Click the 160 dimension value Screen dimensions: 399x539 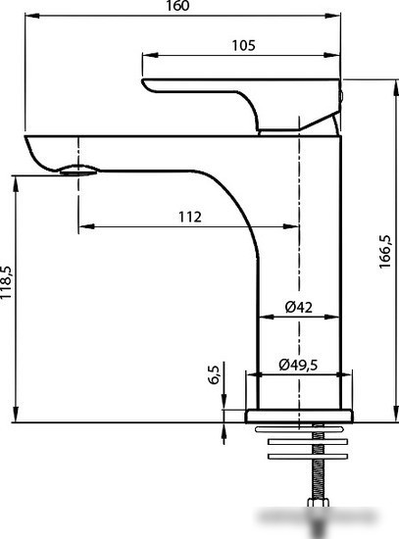point(177,6)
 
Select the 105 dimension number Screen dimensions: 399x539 point(243,45)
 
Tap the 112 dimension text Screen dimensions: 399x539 point(190,217)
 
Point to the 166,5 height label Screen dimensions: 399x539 point(385,252)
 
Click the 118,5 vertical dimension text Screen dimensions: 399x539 point(7,282)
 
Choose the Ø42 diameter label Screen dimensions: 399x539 point(299,307)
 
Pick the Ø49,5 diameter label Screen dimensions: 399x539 point(298,365)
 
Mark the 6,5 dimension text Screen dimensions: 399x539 point(214,374)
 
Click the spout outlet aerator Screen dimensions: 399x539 point(79,171)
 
